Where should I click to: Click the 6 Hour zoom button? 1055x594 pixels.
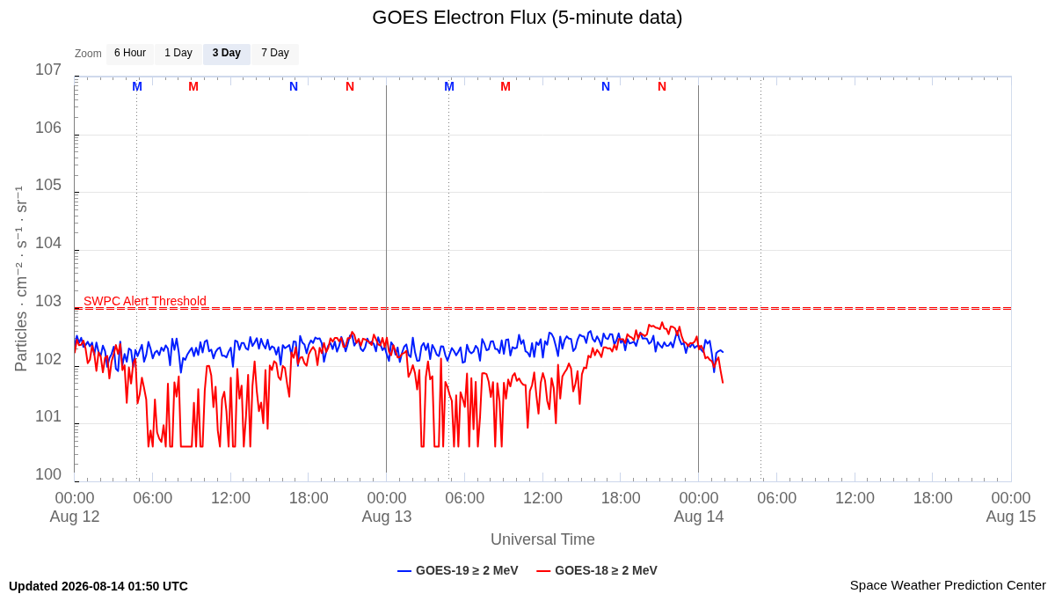coord(130,54)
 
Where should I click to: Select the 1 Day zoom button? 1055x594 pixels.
coord(178,54)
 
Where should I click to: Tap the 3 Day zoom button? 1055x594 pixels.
coord(227,54)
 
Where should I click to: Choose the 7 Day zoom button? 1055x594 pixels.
coord(275,54)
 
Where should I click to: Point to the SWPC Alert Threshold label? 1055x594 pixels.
coord(145,301)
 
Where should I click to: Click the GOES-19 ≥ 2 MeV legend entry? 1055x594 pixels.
coord(458,570)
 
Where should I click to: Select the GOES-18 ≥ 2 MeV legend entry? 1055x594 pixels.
coord(597,570)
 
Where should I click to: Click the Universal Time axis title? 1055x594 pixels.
coord(542,539)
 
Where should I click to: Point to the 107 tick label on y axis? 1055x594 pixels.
coord(48,70)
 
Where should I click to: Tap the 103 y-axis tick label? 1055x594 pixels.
coord(48,301)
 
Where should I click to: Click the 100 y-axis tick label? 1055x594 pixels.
coord(48,474)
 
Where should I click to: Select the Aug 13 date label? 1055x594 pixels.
coord(387,517)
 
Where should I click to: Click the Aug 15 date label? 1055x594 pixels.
coord(1011,517)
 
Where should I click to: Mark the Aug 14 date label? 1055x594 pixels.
coord(699,517)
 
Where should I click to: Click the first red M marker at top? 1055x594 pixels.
coord(193,87)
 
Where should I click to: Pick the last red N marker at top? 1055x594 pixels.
coord(662,87)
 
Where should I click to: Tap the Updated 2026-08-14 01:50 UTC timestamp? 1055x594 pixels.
coord(98,586)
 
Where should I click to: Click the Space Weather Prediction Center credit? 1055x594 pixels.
coord(948,585)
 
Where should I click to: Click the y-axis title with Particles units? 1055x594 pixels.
coord(21,279)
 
